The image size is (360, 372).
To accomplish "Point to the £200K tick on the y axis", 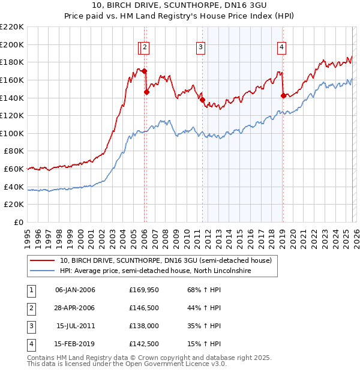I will coord(12,44).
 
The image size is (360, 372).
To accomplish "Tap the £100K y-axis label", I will coord(12,133).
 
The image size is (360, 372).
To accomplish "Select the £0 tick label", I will coord(18,222).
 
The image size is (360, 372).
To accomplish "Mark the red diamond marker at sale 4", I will coord(283,95).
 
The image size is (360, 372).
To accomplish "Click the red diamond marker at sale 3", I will coord(202,100).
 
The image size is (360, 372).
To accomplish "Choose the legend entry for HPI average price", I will coord(155,271).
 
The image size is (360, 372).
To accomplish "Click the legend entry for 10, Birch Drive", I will coord(166,261).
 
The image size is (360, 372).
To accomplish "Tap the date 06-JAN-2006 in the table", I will coord(75,290).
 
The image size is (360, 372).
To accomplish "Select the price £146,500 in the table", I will coord(145,308).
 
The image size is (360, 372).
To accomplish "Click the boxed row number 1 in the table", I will coord(30,290).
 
